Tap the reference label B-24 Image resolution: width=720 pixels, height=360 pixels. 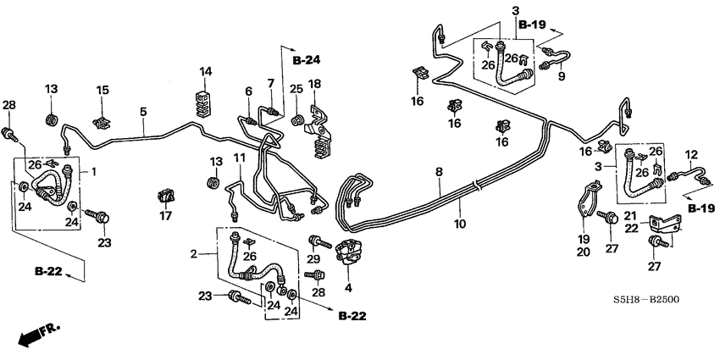309,61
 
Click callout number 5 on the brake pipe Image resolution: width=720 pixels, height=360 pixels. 143,111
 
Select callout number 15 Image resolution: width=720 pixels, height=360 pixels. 102,90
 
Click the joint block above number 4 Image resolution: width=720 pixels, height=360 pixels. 350,252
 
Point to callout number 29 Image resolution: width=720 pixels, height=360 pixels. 314,258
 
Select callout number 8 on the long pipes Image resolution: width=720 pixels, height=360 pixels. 439,172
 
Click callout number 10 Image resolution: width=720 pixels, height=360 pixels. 461,225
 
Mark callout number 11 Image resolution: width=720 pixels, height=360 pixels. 240,158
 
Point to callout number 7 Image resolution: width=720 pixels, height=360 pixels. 270,83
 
